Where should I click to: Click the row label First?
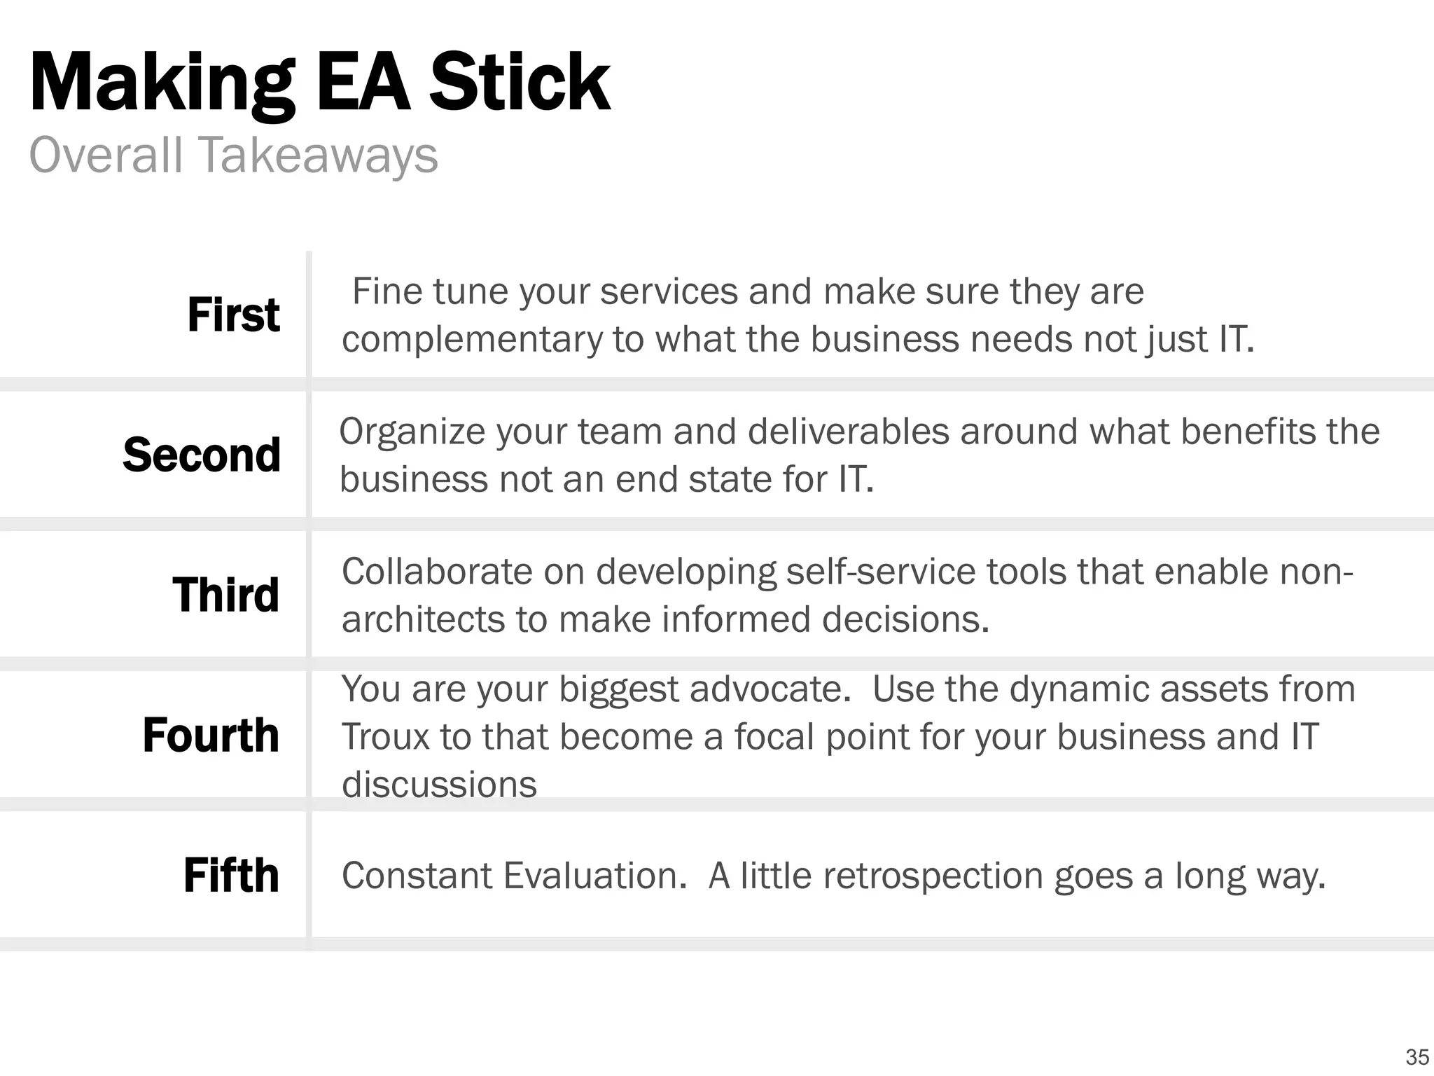tap(233, 315)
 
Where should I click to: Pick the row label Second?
tap(202, 455)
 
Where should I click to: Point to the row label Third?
tap(225, 595)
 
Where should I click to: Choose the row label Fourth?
tap(211, 735)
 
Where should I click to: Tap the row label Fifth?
tap(231, 875)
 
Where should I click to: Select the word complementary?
tap(472, 340)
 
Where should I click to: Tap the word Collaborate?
tap(437, 572)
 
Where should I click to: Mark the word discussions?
tap(439, 785)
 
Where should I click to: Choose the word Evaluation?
tap(595, 876)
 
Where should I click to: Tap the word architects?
tap(423, 620)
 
